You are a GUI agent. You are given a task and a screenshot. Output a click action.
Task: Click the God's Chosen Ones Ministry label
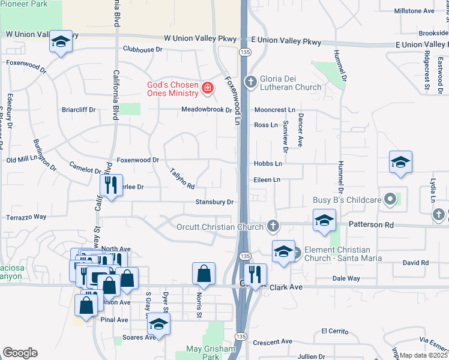(173, 89)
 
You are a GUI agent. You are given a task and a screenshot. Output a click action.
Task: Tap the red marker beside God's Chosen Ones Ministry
(208, 89)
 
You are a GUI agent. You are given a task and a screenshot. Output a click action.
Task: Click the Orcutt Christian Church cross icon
(273, 226)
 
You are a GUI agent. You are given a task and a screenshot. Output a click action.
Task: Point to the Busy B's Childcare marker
(391, 199)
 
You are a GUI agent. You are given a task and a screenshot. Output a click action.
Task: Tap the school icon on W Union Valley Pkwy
(61, 41)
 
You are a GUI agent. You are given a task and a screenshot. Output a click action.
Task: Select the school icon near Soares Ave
(158, 324)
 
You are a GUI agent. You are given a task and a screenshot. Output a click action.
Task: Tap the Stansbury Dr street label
(214, 202)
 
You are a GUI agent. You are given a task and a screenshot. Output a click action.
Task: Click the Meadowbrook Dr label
(207, 110)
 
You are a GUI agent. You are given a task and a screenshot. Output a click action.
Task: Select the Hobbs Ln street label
(268, 163)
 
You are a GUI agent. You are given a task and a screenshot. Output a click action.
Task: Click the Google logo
(20, 353)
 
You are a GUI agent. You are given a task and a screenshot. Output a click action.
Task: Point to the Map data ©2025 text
(424, 355)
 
